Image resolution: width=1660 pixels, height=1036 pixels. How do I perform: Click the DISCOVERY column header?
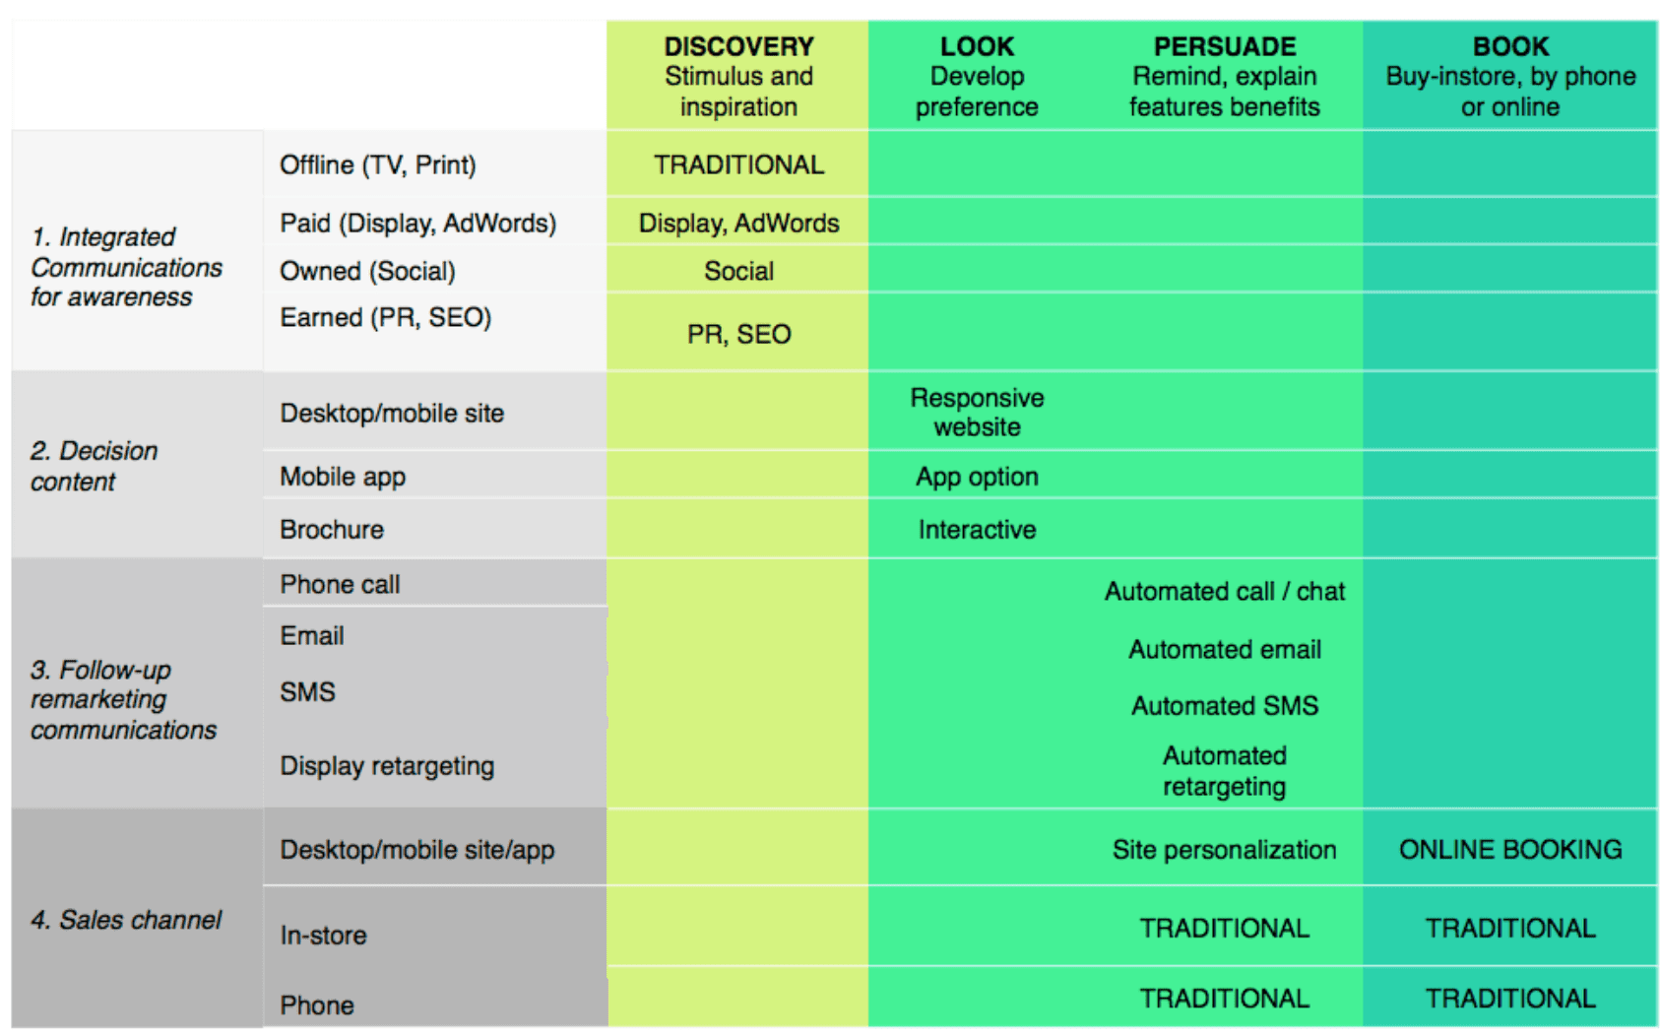pyautogui.click(x=738, y=46)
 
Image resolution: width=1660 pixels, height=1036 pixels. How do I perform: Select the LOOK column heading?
pyautogui.click(x=977, y=46)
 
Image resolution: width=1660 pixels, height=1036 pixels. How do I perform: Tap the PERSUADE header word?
pyautogui.click(x=1225, y=46)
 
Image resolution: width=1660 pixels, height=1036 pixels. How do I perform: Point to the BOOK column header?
pyautogui.click(x=1510, y=46)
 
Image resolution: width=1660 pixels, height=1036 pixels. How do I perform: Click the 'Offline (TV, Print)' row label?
pyautogui.click(x=378, y=164)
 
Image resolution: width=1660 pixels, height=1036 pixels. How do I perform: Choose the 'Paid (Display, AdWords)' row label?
pyautogui.click(x=417, y=224)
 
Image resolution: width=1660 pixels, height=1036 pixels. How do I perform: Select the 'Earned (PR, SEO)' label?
pyautogui.click(x=385, y=317)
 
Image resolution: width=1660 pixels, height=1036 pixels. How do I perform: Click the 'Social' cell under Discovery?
pyautogui.click(x=738, y=271)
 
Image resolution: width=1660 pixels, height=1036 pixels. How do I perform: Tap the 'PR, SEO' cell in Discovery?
pyautogui.click(x=738, y=335)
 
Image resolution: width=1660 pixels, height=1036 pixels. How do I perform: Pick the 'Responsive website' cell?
pyautogui.click(x=977, y=413)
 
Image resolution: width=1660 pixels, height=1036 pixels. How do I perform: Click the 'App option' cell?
pyautogui.click(x=977, y=477)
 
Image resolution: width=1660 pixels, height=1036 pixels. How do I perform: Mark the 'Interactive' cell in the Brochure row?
pyautogui.click(x=977, y=530)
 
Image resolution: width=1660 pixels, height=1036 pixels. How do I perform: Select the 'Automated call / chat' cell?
pyautogui.click(x=1225, y=591)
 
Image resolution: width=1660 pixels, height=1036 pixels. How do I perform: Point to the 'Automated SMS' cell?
pyautogui.click(x=1225, y=706)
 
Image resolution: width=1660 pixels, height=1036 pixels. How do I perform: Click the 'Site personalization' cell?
pyautogui.click(x=1225, y=850)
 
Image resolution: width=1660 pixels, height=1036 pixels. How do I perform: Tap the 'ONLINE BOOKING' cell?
pyautogui.click(x=1510, y=850)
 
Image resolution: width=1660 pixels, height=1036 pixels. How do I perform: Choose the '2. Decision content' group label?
pyautogui.click(x=94, y=466)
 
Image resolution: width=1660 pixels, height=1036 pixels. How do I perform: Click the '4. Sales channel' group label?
pyautogui.click(x=126, y=920)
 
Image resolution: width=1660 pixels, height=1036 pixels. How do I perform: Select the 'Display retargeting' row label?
pyautogui.click(x=387, y=766)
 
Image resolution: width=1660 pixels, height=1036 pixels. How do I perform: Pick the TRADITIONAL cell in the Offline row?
pyautogui.click(x=738, y=164)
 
